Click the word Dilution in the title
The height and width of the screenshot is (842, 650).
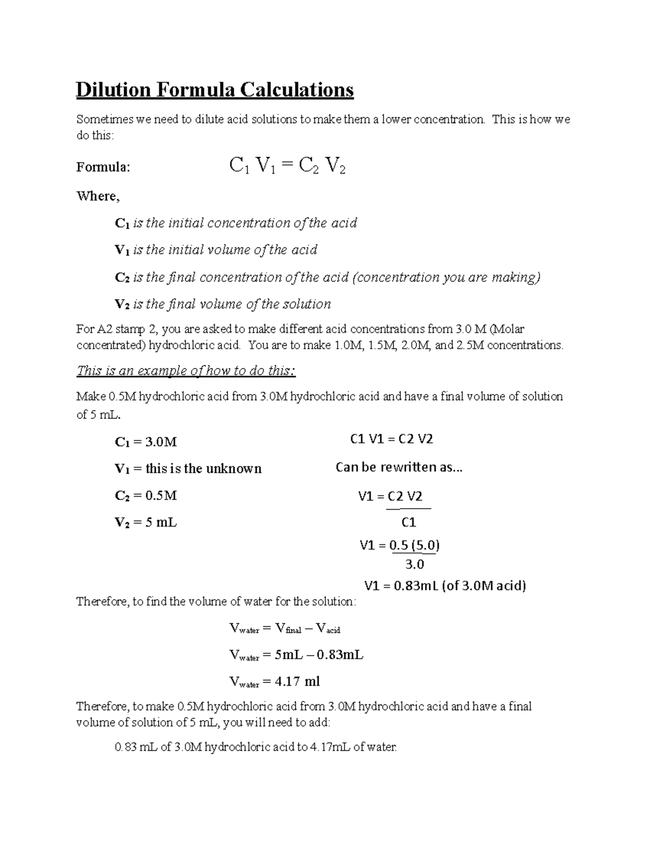(x=113, y=89)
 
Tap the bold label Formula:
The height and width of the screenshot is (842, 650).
(x=103, y=167)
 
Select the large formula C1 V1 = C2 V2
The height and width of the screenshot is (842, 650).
(x=287, y=166)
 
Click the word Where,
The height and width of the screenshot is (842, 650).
(x=97, y=196)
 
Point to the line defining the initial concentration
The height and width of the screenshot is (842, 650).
(x=236, y=223)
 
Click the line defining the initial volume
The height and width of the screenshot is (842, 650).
(x=216, y=250)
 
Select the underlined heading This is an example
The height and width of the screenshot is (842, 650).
(x=186, y=371)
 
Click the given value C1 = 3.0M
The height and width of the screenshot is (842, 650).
(x=146, y=442)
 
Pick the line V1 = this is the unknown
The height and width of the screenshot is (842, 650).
(x=188, y=468)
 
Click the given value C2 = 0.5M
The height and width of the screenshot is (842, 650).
(x=146, y=496)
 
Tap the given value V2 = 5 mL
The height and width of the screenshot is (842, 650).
(x=146, y=523)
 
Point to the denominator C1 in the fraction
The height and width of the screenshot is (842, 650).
(x=408, y=523)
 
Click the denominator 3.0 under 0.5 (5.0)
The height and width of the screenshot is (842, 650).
(x=414, y=564)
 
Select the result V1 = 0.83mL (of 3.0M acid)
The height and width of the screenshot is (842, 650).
(x=445, y=586)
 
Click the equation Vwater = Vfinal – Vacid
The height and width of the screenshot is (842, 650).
(x=285, y=628)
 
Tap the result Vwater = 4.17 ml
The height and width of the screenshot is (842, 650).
(x=275, y=682)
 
